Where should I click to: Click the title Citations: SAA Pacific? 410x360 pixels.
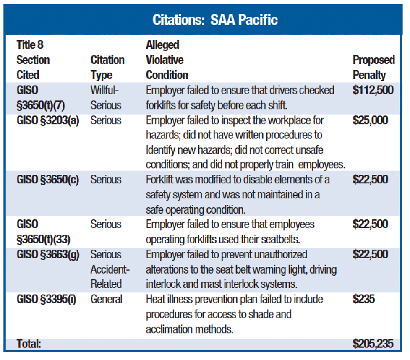point(215,20)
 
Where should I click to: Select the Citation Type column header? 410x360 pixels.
point(107,67)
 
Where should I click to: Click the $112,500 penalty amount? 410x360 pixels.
point(373,90)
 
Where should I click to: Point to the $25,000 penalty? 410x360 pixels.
point(370,120)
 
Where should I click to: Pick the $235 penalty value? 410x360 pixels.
point(363,299)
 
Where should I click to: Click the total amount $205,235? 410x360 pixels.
point(373,344)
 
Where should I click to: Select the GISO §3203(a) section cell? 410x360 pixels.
point(48,120)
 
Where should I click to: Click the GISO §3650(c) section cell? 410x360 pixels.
point(48,180)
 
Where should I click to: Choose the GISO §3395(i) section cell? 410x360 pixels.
point(47,299)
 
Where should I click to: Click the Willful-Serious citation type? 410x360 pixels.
point(106,97)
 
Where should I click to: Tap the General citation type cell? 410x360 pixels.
point(107,299)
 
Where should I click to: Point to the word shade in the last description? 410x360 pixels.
point(278,314)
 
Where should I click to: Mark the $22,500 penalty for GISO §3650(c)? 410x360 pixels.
point(370,180)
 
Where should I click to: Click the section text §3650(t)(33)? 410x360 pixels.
point(43,239)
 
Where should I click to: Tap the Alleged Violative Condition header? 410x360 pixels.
point(167,60)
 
